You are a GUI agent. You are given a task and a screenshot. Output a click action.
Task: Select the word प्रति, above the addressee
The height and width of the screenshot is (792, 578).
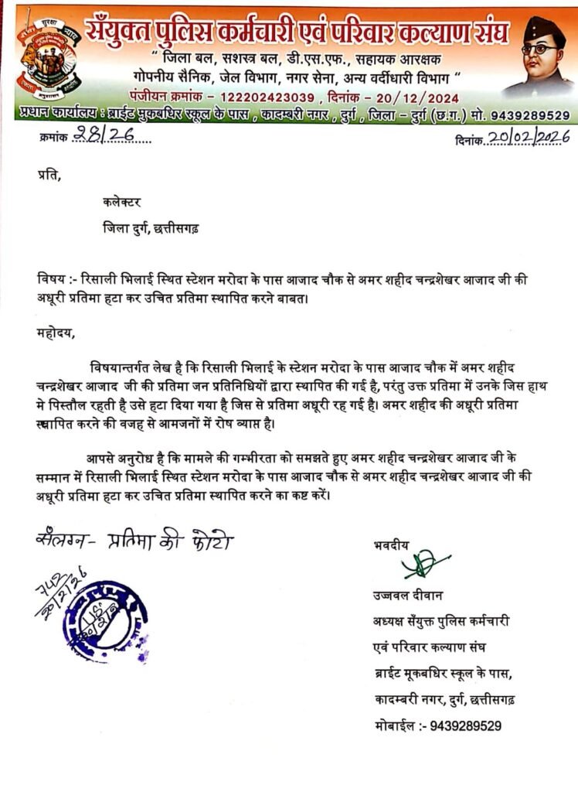tap(47, 176)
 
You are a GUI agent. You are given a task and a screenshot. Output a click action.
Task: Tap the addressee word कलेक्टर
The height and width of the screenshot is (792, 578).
tap(121, 203)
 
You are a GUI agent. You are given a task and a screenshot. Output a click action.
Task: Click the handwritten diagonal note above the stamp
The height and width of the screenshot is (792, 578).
tap(60, 596)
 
